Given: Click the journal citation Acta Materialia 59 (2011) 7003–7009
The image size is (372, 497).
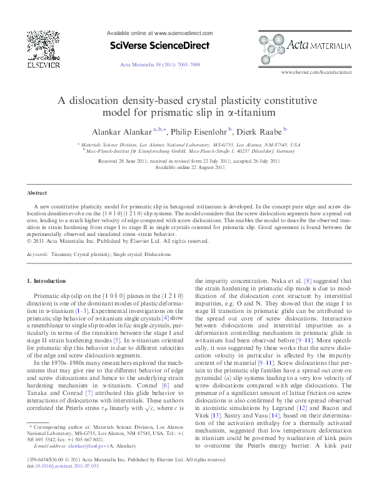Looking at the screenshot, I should click(x=160, y=64).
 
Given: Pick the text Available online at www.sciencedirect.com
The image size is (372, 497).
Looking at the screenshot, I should click(x=160, y=33).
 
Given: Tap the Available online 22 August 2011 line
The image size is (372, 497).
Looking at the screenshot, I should click(x=186, y=167).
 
